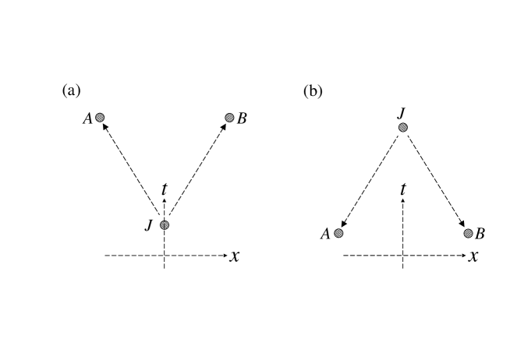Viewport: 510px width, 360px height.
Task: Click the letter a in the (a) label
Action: coord(71,91)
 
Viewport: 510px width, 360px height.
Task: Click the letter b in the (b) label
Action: coord(313,92)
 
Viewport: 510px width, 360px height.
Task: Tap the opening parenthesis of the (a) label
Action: coord(65,91)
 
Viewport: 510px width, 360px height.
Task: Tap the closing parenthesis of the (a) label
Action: coord(77,91)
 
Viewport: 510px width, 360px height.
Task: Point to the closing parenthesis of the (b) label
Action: coord(319,92)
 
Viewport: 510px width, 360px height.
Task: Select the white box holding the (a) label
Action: coord(79,94)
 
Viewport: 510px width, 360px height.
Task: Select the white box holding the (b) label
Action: coord(321,94)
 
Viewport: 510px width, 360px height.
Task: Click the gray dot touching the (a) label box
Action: coord(100,118)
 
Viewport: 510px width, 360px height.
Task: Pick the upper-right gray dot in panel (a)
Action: coord(229,118)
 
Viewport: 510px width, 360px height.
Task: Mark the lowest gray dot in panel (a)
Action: coord(165,225)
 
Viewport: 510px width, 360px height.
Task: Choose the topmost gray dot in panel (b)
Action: coord(403,128)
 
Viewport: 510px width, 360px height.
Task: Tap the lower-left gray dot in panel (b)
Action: coord(338,233)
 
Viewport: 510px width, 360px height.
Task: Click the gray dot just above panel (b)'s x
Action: coord(468,233)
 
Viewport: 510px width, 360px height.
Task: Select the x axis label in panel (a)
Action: coord(235,256)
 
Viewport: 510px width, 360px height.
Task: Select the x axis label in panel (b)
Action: coord(473,256)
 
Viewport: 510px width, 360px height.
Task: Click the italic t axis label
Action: coord(403,189)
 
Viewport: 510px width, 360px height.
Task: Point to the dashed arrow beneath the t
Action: coord(403,205)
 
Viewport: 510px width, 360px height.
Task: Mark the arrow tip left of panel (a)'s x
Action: coord(226,256)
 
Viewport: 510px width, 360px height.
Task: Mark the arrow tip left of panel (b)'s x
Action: coord(465,256)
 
